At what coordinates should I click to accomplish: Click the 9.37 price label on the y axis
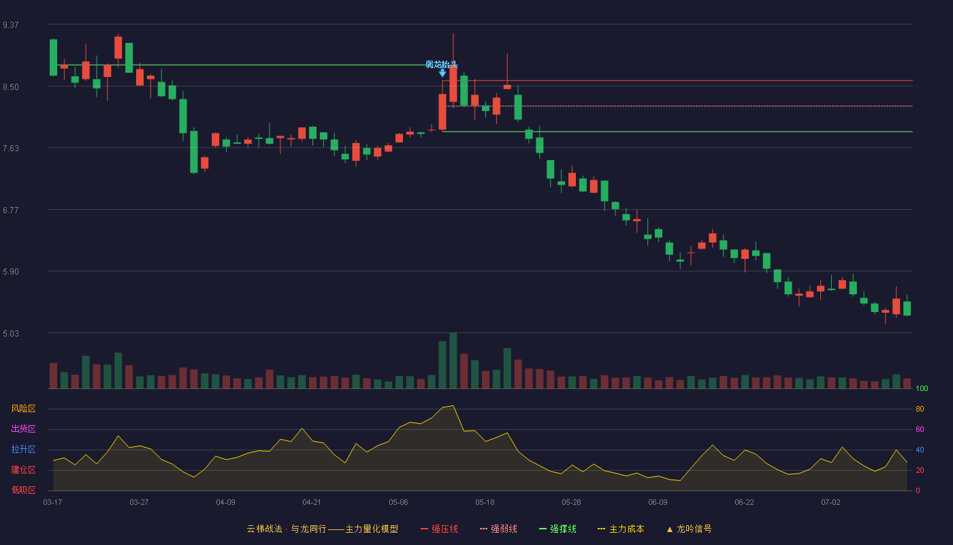pyautogui.click(x=11, y=25)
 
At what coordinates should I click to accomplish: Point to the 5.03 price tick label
pyautogui.click(x=11, y=333)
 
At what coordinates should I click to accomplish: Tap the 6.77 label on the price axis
pyautogui.click(x=11, y=211)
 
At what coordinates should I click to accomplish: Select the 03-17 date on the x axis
pyautogui.click(x=53, y=503)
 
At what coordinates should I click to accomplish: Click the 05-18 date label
pyautogui.click(x=485, y=503)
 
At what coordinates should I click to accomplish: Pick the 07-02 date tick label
pyautogui.click(x=831, y=503)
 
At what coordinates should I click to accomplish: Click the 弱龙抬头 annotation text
pyautogui.click(x=442, y=64)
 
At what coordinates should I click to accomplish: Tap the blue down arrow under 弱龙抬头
pyautogui.click(x=442, y=74)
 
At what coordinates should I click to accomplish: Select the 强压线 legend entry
pyautogui.click(x=439, y=529)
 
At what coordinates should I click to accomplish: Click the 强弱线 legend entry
pyautogui.click(x=498, y=529)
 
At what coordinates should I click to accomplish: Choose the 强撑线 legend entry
pyautogui.click(x=558, y=529)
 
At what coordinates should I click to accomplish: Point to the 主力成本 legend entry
pyautogui.click(x=621, y=529)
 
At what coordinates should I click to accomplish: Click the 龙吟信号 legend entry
pyautogui.click(x=689, y=529)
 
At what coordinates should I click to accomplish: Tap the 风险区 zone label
pyautogui.click(x=23, y=408)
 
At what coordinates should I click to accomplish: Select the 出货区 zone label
pyautogui.click(x=23, y=429)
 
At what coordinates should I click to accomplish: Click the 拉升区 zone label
pyautogui.click(x=23, y=449)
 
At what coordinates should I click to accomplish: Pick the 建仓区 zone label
pyautogui.click(x=23, y=469)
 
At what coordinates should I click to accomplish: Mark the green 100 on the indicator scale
pyautogui.click(x=922, y=388)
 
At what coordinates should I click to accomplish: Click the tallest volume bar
pyautogui.click(x=453, y=360)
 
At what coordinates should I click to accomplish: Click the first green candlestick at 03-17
pyautogui.click(x=53, y=57)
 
